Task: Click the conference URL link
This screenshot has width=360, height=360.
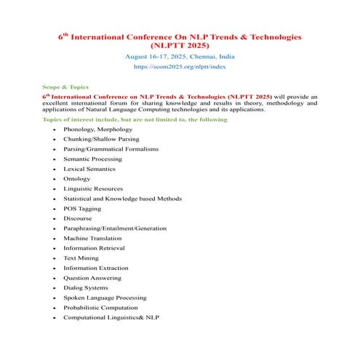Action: [x=180, y=66]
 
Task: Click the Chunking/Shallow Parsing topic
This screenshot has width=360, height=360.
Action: [x=101, y=139]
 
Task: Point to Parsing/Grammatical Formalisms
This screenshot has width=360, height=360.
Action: [x=111, y=148]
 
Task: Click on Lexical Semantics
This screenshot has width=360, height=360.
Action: [x=89, y=169]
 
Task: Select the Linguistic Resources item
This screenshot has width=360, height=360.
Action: [x=93, y=188]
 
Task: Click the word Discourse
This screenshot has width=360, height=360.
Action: [x=78, y=218]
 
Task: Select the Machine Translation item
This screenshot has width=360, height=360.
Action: [x=92, y=238]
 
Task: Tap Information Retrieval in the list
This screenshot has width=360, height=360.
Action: [x=94, y=248]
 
